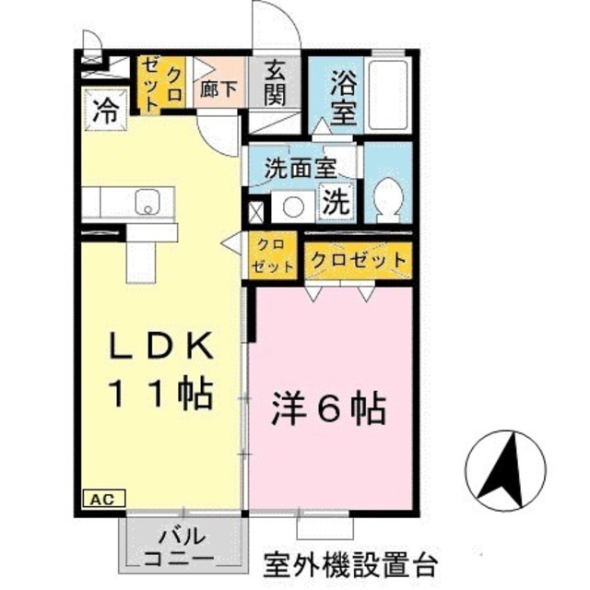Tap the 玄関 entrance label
275,81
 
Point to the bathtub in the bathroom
388,92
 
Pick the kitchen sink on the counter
148,200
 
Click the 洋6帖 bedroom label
329,407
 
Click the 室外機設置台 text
349,561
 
